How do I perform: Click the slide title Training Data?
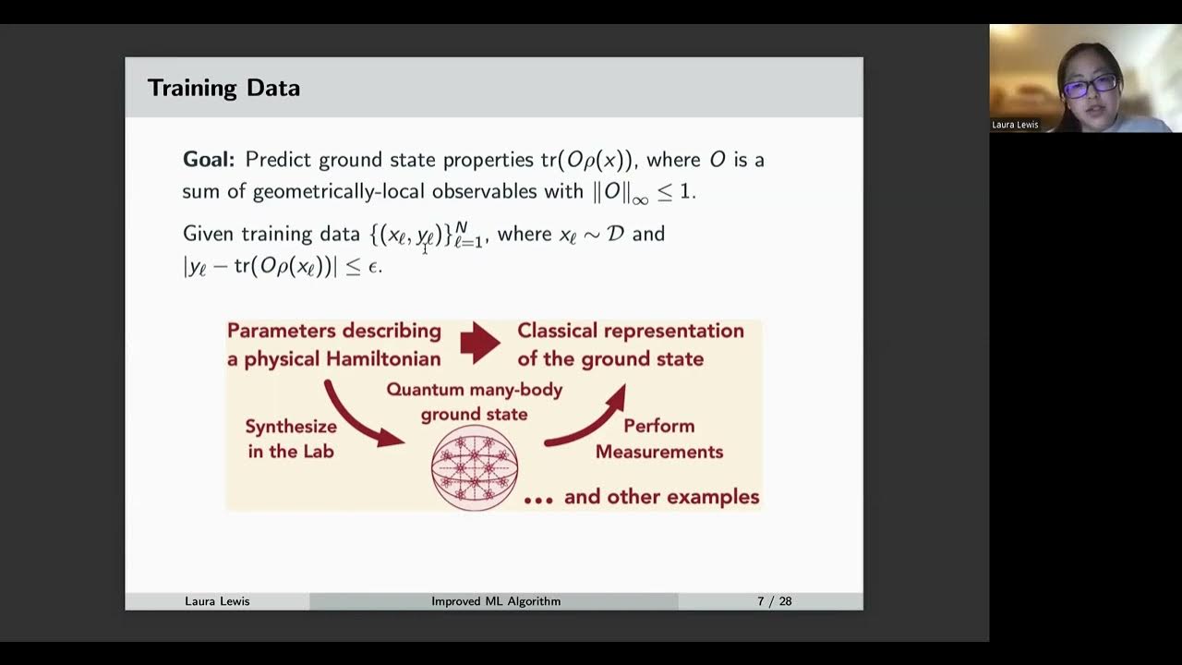(x=223, y=89)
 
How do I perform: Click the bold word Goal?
(x=207, y=160)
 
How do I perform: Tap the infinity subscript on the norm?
(x=640, y=199)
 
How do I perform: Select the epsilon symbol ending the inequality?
(x=375, y=268)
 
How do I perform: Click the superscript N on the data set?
(x=461, y=226)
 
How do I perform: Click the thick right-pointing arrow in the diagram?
(x=479, y=344)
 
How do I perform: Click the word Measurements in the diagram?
(x=658, y=452)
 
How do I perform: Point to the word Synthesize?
(x=291, y=427)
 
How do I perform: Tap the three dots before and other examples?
(x=538, y=500)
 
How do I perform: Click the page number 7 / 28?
(x=774, y=601)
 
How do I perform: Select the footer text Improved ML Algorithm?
(x=496, y=601)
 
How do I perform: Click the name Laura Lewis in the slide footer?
(x=217, y=601)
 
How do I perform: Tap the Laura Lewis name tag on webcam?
(x=1015, y=125)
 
